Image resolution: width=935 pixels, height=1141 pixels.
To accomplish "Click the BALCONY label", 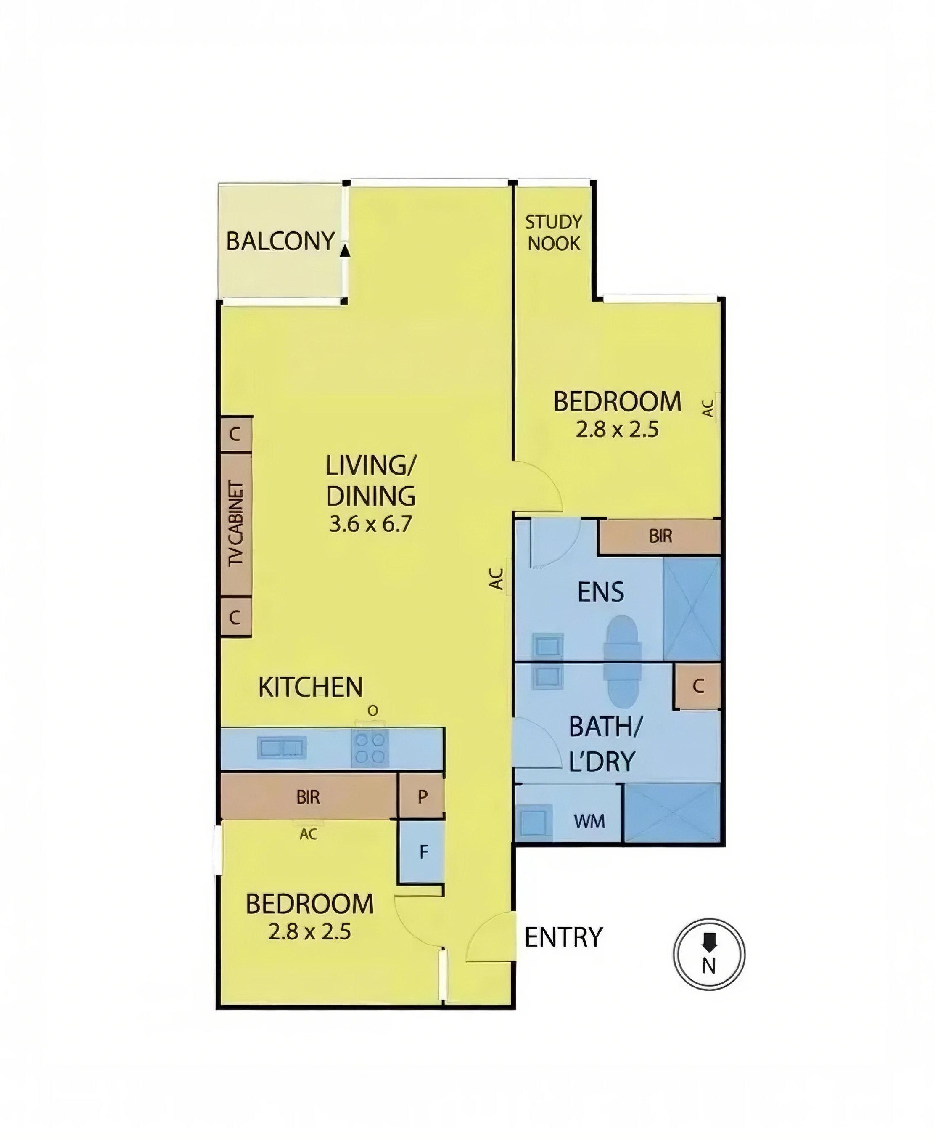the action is (280, 241).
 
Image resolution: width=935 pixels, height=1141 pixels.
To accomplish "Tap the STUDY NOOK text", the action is (554, 233).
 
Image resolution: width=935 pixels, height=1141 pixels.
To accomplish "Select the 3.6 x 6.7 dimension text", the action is (370, 524).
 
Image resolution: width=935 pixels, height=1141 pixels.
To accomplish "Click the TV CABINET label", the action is (236, 524).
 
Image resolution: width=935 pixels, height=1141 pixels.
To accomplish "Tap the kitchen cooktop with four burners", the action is (370, 748).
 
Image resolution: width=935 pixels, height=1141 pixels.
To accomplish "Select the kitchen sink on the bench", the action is (282, 748).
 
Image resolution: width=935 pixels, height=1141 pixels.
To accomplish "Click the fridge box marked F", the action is (422, 852).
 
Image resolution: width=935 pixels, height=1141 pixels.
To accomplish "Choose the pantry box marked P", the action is (422, 796).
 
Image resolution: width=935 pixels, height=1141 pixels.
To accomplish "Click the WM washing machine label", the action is (589, 821).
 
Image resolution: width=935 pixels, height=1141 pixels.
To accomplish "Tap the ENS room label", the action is (600, 592).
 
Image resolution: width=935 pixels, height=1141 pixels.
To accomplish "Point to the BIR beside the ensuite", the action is (660, 536).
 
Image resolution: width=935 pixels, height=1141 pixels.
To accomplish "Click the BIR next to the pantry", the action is (309, 796).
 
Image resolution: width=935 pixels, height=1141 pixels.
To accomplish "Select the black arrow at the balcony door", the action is (345, 249).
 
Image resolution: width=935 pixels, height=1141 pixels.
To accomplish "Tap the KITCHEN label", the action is (311, 688).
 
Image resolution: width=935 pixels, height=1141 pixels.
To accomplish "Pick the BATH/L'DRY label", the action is (604, 744).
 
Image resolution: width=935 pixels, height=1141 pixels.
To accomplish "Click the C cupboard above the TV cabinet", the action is (235, 435).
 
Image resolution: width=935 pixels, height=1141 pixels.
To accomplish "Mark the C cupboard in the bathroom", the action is (698, 686).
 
